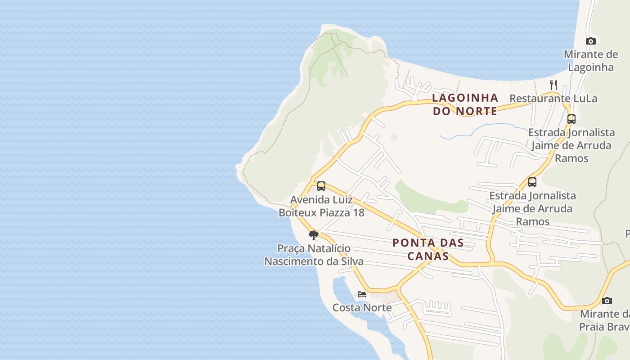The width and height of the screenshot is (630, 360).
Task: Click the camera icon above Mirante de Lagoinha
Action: [591, 41]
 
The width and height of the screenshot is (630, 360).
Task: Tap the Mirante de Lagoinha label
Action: [591, 61]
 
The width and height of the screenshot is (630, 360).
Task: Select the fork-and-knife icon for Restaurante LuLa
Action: [553, 85]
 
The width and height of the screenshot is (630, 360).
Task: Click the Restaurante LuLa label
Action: [553, 99]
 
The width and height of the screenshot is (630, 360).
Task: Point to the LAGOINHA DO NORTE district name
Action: [465, 104]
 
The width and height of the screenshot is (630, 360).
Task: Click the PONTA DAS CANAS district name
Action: [427, 249]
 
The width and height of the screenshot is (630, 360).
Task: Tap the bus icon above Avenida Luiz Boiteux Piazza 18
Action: [321, 186]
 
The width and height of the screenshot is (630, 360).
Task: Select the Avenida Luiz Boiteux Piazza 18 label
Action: [321, 206]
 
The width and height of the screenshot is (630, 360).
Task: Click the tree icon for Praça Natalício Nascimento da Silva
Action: [314, 235]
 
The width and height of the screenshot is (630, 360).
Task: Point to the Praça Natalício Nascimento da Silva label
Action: [314, 255]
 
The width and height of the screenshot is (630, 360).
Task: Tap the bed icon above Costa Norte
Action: [362, 294]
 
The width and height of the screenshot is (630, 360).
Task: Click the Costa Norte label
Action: [362, 308]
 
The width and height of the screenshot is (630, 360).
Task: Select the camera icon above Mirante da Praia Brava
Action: [607, 301]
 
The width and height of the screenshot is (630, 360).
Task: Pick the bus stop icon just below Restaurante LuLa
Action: [571, 119]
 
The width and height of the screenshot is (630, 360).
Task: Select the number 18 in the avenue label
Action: [358, 212]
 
